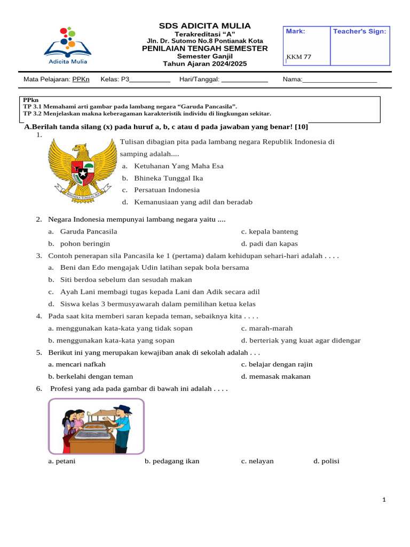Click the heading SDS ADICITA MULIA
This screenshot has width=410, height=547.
tap(204, 26)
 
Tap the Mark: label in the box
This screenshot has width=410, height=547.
tap(295, 32)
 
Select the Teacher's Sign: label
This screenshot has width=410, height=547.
tap(359, 32)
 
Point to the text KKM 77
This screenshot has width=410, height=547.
tap(299, 57)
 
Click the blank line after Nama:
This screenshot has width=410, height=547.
tap(340, 80)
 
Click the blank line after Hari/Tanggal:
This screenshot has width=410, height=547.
tap(244, 80)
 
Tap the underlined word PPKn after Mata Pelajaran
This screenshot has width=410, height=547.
tap(81, 80)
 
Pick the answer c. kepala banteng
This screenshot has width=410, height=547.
tap(270, 231)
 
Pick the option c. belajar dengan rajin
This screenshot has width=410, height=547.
tap(277, 364)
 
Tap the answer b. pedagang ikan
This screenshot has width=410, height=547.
tap(172, 461)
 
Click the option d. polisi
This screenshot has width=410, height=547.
tap(326, 461)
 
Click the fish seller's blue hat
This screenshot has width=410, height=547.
tap(123, 409)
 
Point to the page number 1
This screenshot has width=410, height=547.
tap(383, 500)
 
